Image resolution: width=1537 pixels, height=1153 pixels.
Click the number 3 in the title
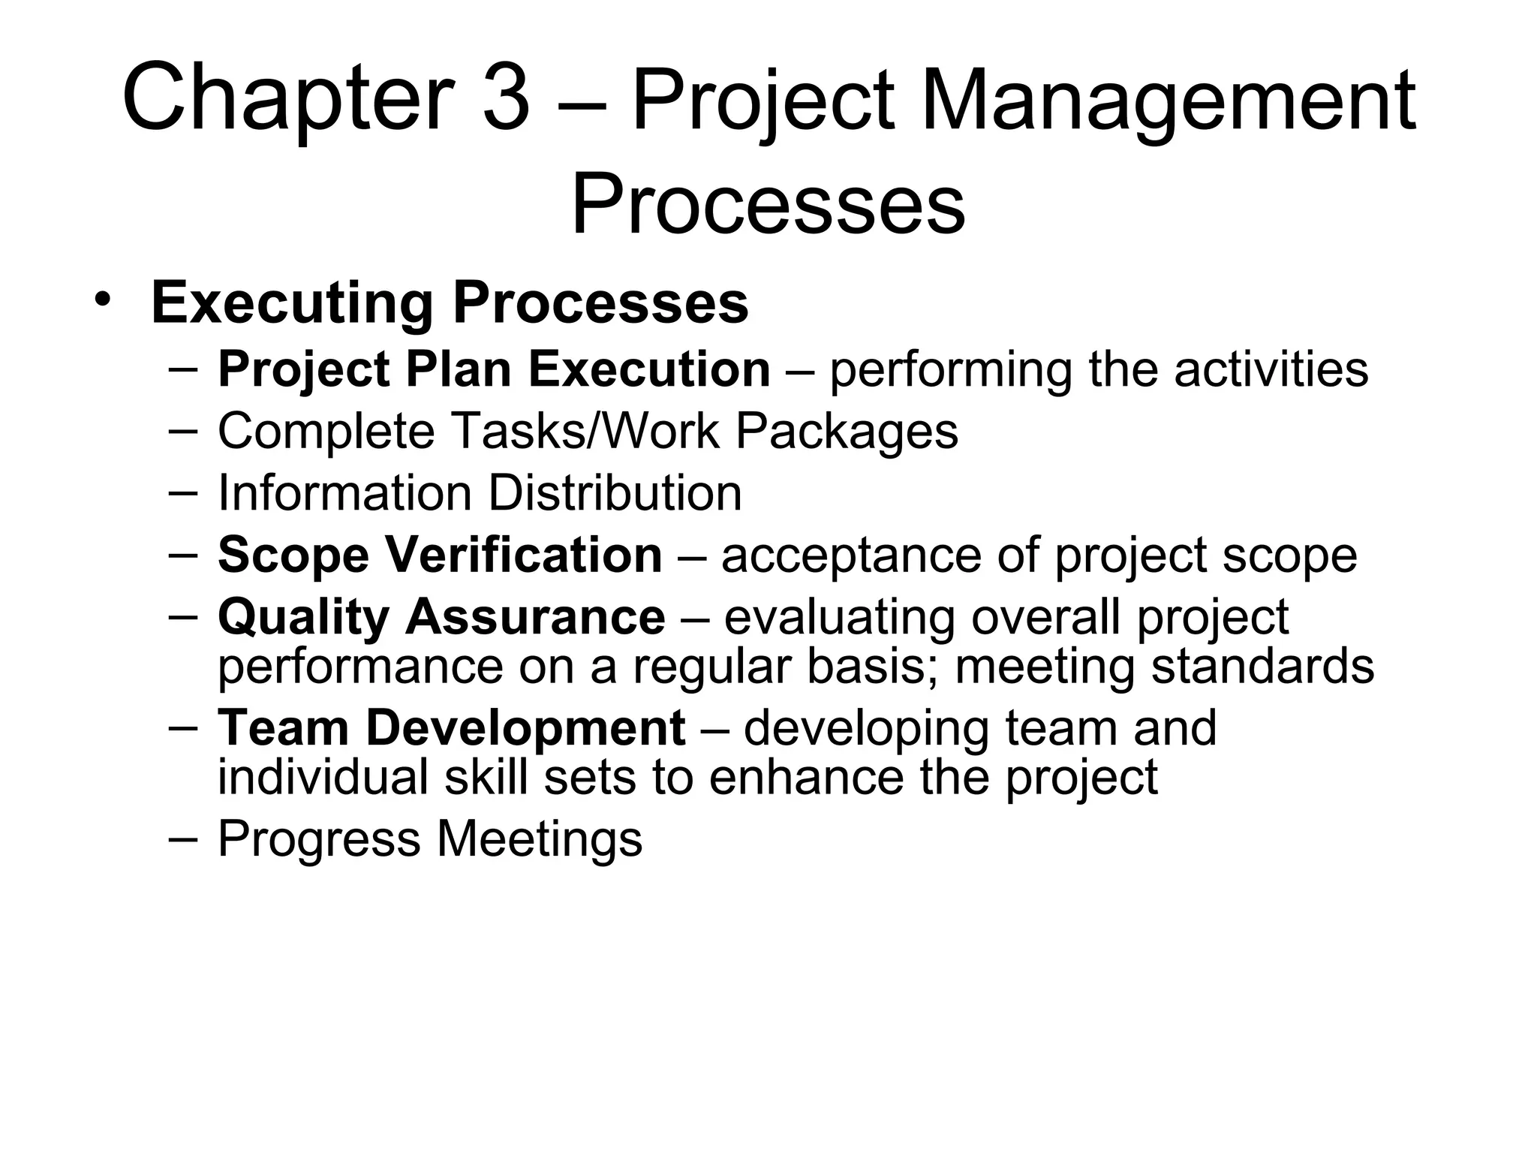click(506, 99)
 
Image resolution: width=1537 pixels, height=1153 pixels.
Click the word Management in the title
click(1168, 101)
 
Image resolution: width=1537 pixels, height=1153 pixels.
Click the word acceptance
click(850, 556)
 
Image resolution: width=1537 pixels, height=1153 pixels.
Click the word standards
click(1262, 666)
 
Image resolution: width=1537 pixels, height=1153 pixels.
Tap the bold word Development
click(525, 728)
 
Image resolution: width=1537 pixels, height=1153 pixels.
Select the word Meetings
click(540, 838)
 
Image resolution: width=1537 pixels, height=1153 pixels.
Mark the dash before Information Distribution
click(183, 492)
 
